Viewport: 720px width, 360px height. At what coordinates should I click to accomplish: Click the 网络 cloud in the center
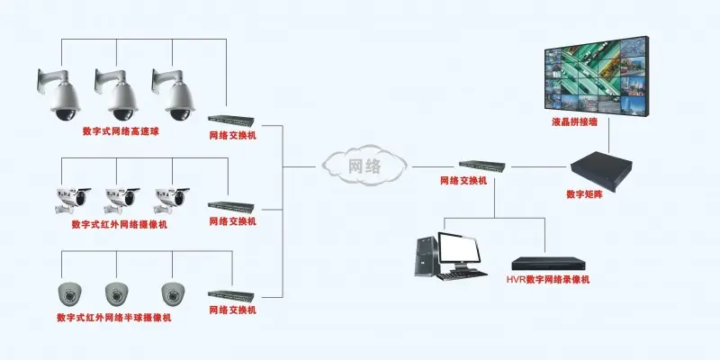pyautogui.click(x=364, y=166)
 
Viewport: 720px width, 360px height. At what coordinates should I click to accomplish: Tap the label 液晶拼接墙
pyautogui.click(x=575, y=122)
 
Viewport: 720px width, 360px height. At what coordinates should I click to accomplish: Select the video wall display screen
pyautogui.click(x=597, y=75)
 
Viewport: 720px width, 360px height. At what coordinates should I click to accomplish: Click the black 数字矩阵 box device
pyautogui.click(x=601, y=171)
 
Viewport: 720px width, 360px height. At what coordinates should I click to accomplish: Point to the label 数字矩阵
pyautogui.click(x=584, y=194)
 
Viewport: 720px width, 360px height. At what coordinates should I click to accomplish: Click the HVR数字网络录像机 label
pyautogui.click(x=548, y=280)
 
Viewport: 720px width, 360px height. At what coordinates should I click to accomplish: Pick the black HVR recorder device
pyautogui.click(x=549, y=264)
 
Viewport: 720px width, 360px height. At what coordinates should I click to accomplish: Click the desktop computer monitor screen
pyautogui.click(x=459, y=248)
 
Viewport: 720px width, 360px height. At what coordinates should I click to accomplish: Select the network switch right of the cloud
pyautogui.click(x=482, y=166)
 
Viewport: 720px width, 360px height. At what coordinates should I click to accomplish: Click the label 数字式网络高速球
pyautogui.click(x=121, y=131)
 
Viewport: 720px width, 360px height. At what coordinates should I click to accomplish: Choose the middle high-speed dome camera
pyautogui.click(x=117, y=94)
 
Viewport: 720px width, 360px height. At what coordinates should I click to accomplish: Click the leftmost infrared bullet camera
pyautogui.click(x=73, y=200)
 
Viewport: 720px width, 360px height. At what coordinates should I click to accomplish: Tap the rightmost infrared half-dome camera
pyautogui.click(x=173, y=294)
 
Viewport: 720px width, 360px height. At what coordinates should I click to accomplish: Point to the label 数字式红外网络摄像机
pyautogui.click(x=120, y=225)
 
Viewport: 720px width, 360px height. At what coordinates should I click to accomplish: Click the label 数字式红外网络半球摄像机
pyautogui.click(x=114, y=318)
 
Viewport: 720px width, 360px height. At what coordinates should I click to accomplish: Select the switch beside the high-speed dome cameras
pyautogui.click(x=231, y=121)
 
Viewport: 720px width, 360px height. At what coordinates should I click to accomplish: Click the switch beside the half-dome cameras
pyautogui.click(x=231, y=296)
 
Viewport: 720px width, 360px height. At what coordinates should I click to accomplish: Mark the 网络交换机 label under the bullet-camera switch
pyautogui.click(x=233, y=221)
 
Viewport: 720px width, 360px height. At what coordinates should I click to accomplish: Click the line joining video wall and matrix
pyautogui.click(x=609, y=135)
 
